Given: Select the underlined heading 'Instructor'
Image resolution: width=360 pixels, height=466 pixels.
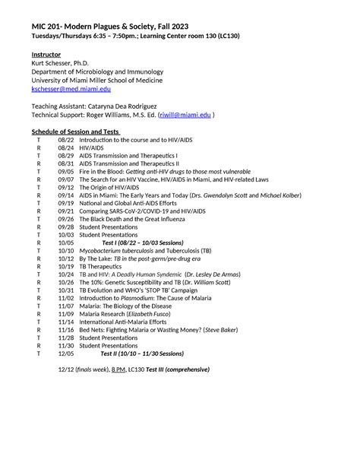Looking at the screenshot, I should (46, 55).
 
